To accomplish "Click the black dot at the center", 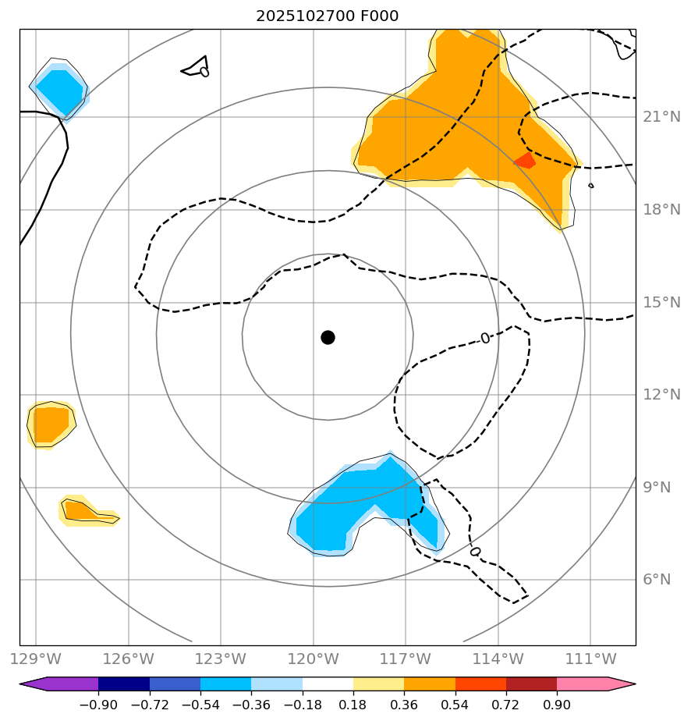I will point(328,337).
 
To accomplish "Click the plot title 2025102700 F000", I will point(328,16).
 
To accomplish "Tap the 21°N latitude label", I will point(661,117).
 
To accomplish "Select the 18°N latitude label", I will point(661,209).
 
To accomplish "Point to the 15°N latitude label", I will point(661,302).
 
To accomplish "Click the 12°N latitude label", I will point(661,394).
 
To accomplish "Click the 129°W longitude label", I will point(36,659).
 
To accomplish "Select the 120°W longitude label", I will point(314,659).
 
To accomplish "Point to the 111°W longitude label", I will point(590,659).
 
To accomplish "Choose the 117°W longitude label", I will point(406,659).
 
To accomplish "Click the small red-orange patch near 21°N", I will point(525,160).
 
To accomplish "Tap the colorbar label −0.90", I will point(98,705).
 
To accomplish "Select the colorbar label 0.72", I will point(506,705).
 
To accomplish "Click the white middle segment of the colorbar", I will point(328,684).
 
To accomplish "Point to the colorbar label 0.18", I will point(353,705).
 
